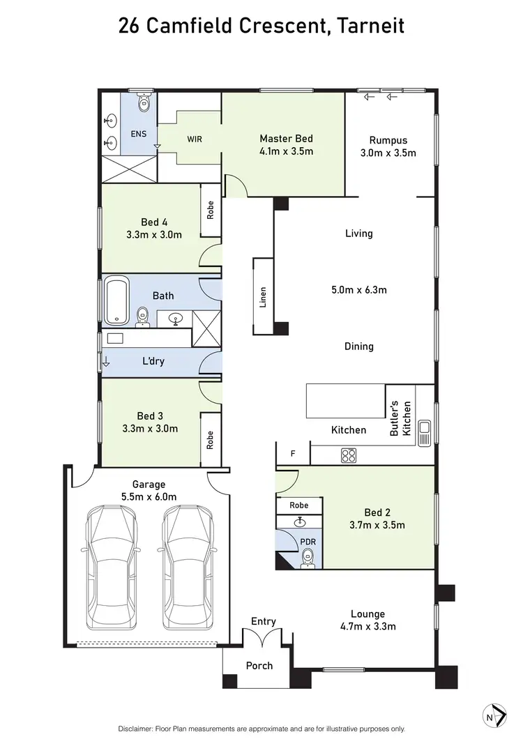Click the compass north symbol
point(494,715)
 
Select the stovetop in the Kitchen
point(349,455)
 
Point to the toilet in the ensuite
point(144,103)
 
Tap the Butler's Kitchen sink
point(424,433)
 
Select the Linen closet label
point(263,297)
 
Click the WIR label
point(195,139)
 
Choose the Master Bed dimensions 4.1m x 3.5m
point(286,151)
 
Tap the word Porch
point(259,666)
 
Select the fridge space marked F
point(293,454)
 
